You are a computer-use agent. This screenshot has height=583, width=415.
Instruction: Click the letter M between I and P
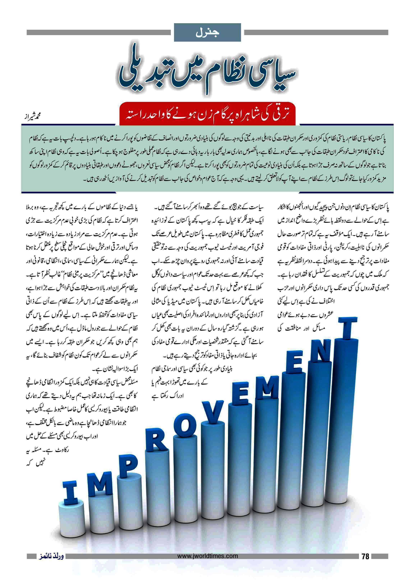point(100,482)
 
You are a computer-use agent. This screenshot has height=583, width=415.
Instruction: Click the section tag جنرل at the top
point(207,33)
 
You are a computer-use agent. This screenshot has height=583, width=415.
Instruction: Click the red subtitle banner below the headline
point(207,114)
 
